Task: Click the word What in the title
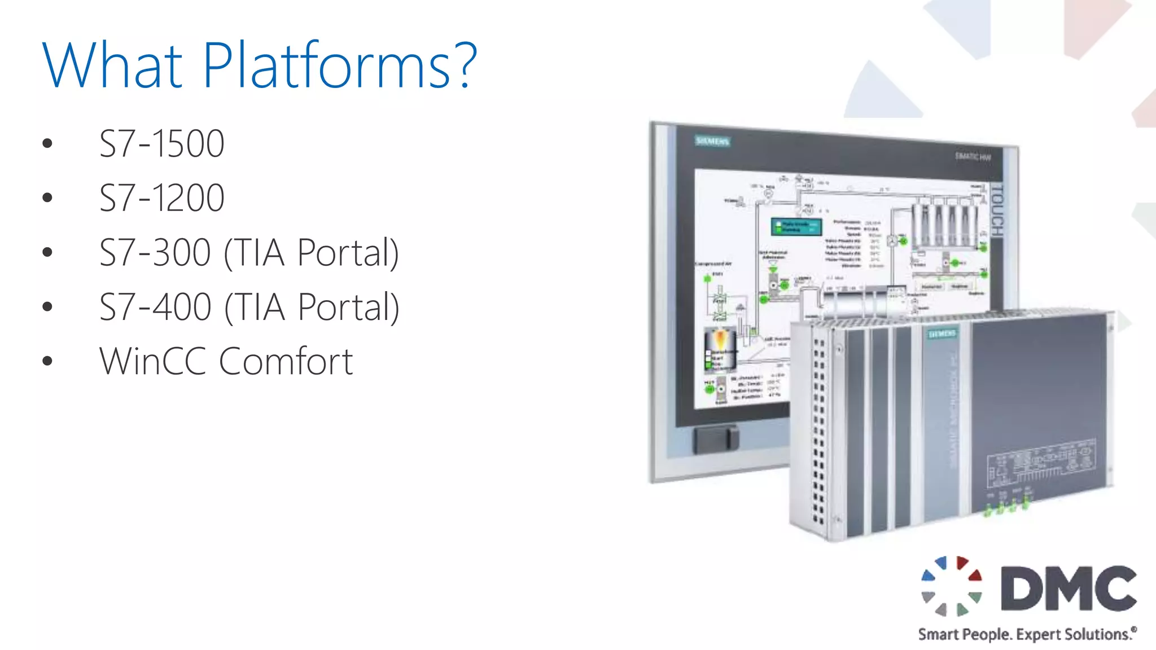point(112,65)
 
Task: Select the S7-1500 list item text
point(162,143)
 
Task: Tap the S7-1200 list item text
point(162,197)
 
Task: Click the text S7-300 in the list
point(155,252)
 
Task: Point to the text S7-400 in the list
point(155,307)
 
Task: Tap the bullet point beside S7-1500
point(47,144)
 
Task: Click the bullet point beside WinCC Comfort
point(47,361)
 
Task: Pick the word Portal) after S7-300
point(348,252)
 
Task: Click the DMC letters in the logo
point(1068,588)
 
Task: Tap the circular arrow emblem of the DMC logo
point(952,586)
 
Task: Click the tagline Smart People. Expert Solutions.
point(1026,634)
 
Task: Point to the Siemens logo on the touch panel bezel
point(712,141)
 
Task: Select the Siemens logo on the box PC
point(942,334)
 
